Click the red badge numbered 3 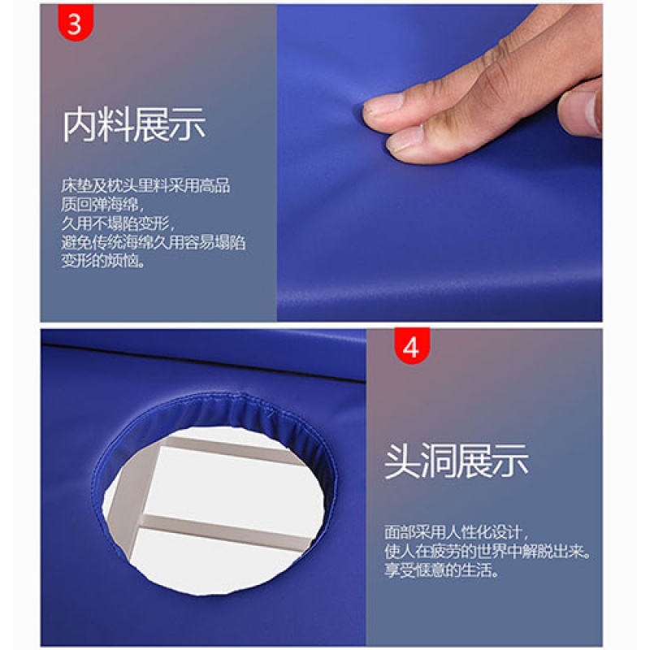[76, 23]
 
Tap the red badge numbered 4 [412, 347]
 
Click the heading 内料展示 [134, 124]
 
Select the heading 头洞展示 [457, 461]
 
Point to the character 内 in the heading [80, 124]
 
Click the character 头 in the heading [402, 461]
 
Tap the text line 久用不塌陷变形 [118, 224]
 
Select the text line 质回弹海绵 [102, 205]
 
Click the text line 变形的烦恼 [103, 261]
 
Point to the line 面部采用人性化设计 [457, 532]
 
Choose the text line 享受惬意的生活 [442, 570]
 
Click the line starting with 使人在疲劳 [487, 552]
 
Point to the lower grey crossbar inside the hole [226, 532]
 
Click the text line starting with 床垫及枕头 [145, 186]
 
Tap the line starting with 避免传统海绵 [154, 242]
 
